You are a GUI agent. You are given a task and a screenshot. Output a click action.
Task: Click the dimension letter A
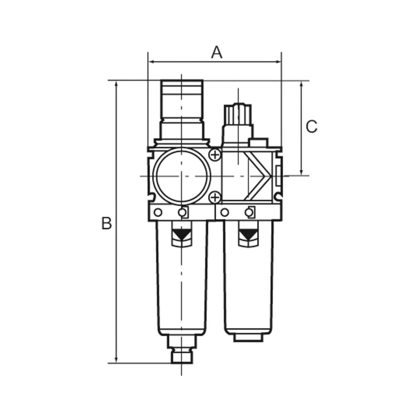coord(217,52)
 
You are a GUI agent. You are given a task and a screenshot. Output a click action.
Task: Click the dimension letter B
coord(106,223)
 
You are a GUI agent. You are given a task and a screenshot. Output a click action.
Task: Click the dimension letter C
coord(311,126)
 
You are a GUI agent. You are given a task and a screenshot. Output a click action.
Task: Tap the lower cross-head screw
coord(215,198)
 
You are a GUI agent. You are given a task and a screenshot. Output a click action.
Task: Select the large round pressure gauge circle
coord(182,176)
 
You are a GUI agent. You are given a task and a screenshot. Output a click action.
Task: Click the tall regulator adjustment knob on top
coord(182,109)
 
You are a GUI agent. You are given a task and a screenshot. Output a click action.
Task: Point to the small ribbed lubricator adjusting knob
coord(238,115)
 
